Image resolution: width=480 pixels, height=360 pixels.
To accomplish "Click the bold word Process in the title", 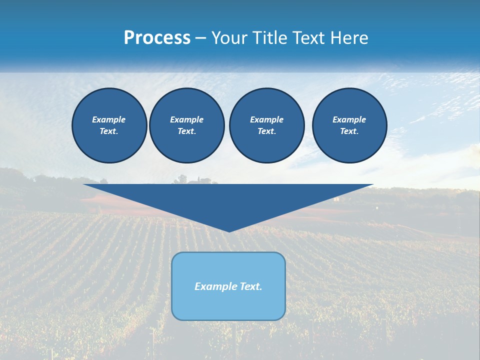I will (x=157, y=38).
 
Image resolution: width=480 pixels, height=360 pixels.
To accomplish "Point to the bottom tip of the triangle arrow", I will (x=229, y=231).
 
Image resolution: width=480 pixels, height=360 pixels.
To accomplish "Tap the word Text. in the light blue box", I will (x=251, y=286).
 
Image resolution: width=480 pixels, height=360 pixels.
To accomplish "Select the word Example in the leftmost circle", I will (x=109, y=119).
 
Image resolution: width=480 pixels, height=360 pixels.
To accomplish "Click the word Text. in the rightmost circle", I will (x=349, y=131).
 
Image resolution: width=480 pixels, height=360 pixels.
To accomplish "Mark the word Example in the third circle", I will (x=266, y=119).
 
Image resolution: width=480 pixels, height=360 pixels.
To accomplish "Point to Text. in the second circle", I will (x=186, y=131).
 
